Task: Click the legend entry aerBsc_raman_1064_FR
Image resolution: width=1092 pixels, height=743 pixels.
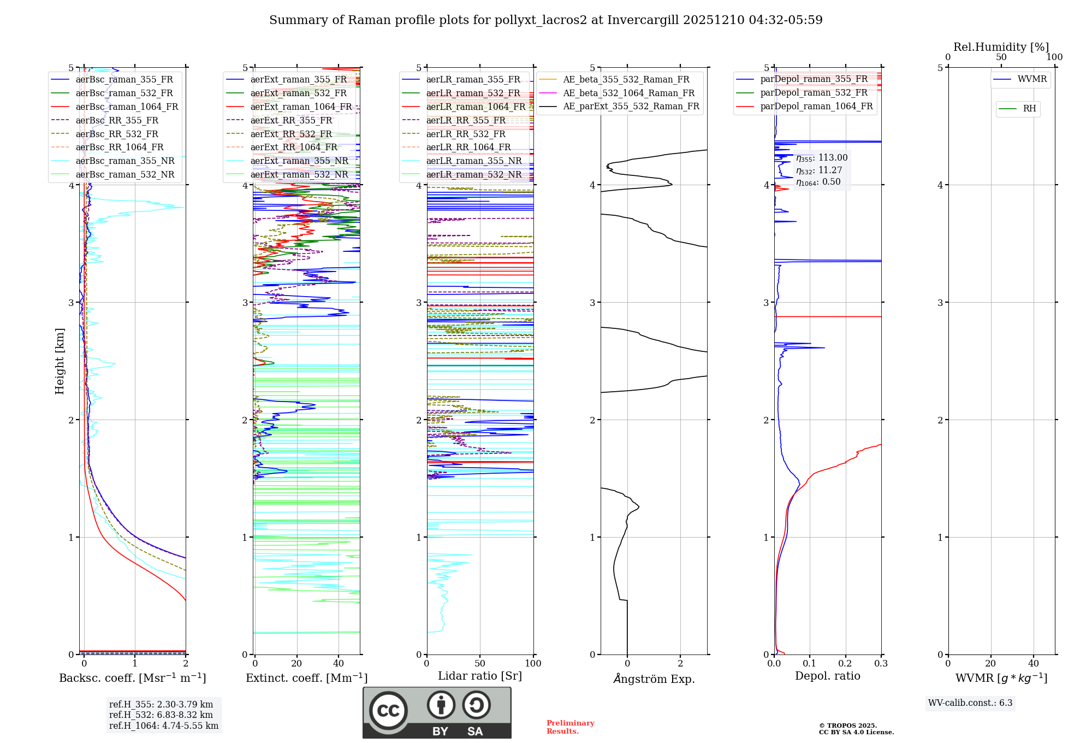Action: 127,107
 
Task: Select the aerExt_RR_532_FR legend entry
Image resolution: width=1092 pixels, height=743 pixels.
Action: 291,134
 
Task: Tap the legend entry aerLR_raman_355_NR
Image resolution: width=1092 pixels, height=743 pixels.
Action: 473,161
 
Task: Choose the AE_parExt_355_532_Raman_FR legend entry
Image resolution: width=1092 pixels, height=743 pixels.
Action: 631,107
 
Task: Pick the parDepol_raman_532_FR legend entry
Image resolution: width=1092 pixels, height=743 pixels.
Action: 814,93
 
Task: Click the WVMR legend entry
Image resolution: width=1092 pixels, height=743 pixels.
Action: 1032,79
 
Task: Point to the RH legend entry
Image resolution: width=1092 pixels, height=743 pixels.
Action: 1029,109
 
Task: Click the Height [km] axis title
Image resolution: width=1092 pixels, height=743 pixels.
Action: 60,361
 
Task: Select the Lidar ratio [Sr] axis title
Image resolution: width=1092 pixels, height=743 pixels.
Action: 480,676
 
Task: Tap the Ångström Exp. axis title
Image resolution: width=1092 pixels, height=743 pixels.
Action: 654,679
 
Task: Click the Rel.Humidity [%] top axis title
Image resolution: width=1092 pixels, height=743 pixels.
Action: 1001,47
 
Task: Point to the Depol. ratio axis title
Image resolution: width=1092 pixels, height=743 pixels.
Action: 827,676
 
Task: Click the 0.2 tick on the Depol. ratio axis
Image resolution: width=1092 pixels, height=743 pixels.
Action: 845,664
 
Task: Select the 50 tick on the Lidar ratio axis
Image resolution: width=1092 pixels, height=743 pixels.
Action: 480,664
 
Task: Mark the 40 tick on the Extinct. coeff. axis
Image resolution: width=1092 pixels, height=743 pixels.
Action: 339,664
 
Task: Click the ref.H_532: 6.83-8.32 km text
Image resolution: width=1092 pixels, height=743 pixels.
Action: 161,715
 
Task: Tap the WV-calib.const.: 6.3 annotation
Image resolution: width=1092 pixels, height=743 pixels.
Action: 970,703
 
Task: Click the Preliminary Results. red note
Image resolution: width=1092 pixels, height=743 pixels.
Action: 570,727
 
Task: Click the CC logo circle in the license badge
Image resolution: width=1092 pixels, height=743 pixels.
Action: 388,711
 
